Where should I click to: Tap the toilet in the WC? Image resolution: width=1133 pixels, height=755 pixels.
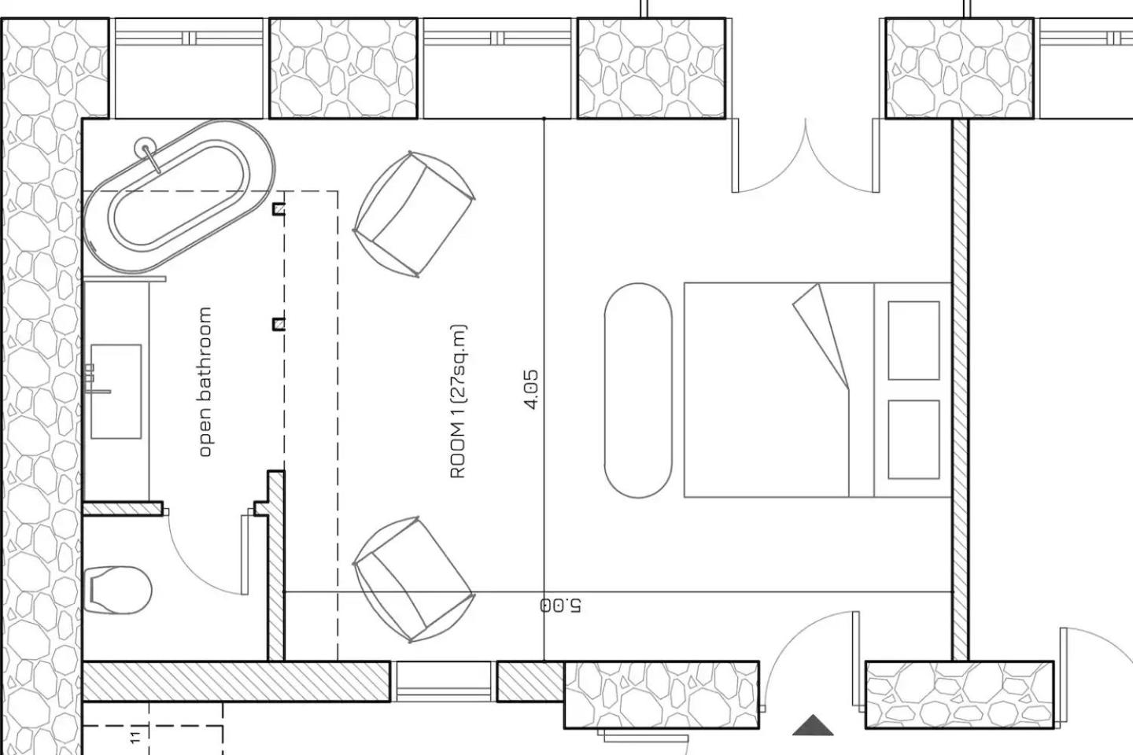tap(117, 590)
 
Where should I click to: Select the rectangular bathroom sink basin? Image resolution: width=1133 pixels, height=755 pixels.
tap(116, 392)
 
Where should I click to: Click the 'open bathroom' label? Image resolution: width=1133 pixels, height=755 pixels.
tap(205, 381)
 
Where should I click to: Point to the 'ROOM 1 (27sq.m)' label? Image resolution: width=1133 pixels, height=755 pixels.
tap(458, 401)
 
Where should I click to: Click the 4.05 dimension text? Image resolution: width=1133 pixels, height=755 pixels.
tap(531, 390)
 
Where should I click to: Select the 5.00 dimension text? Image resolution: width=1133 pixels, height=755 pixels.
tap(560, 606)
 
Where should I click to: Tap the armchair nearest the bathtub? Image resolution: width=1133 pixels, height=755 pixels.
tap(414, 214)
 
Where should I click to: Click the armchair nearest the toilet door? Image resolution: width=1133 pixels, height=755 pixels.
tap(414, 580)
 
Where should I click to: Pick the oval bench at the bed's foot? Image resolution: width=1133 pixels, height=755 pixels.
tap(638, 390)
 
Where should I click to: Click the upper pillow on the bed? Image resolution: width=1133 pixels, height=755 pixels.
tap(914, 341)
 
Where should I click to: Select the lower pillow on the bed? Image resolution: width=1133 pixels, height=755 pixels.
tap(914, 440)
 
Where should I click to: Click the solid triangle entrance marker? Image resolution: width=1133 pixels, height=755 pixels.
tap(813, 726)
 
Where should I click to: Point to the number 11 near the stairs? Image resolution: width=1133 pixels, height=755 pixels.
tap(135, 737)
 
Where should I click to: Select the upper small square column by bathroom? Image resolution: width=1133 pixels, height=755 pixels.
tap(279, 208)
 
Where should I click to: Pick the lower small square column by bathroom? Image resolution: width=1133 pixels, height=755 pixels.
tap(279, 324)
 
